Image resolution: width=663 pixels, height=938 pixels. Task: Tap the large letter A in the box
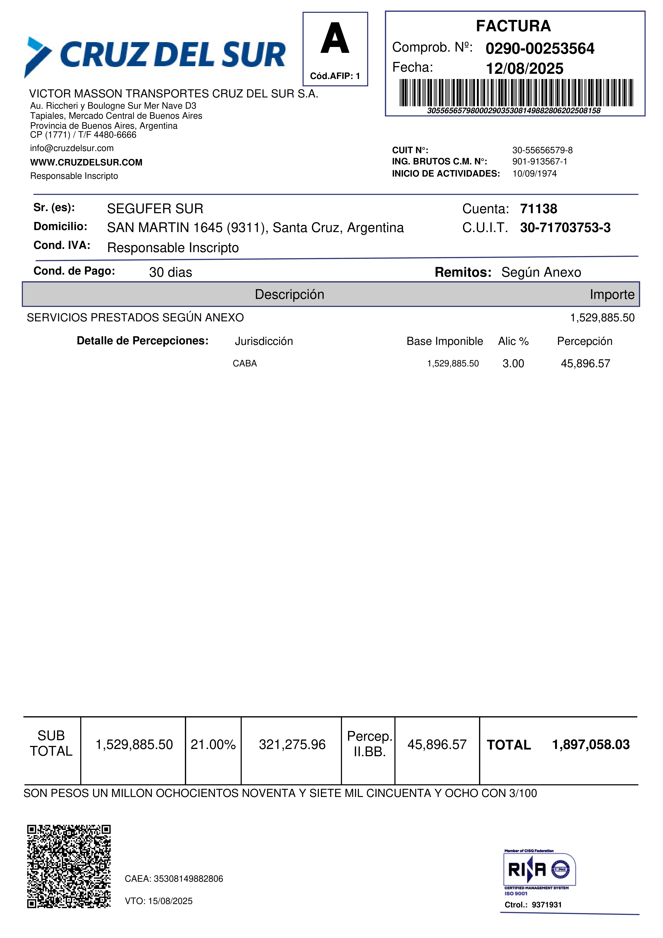click(335, 39)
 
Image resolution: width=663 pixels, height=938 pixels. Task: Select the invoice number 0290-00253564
click(540, 49)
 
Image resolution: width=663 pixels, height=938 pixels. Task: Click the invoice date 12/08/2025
click(524, 69)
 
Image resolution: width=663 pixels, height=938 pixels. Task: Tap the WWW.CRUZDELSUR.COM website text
click(86, 163)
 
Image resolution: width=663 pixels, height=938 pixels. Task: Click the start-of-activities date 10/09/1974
click(534, 174)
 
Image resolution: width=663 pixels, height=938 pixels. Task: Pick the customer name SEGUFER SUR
click(155, 209)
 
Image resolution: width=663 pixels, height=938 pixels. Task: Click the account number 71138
click(538, 209)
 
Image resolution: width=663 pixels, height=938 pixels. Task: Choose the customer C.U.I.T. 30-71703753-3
click(565, 228)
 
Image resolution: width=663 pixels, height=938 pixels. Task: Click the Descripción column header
click(289, 295)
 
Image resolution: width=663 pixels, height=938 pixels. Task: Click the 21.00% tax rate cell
click(213, 744)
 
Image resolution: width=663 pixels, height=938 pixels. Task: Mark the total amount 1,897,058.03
click(591, 744)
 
